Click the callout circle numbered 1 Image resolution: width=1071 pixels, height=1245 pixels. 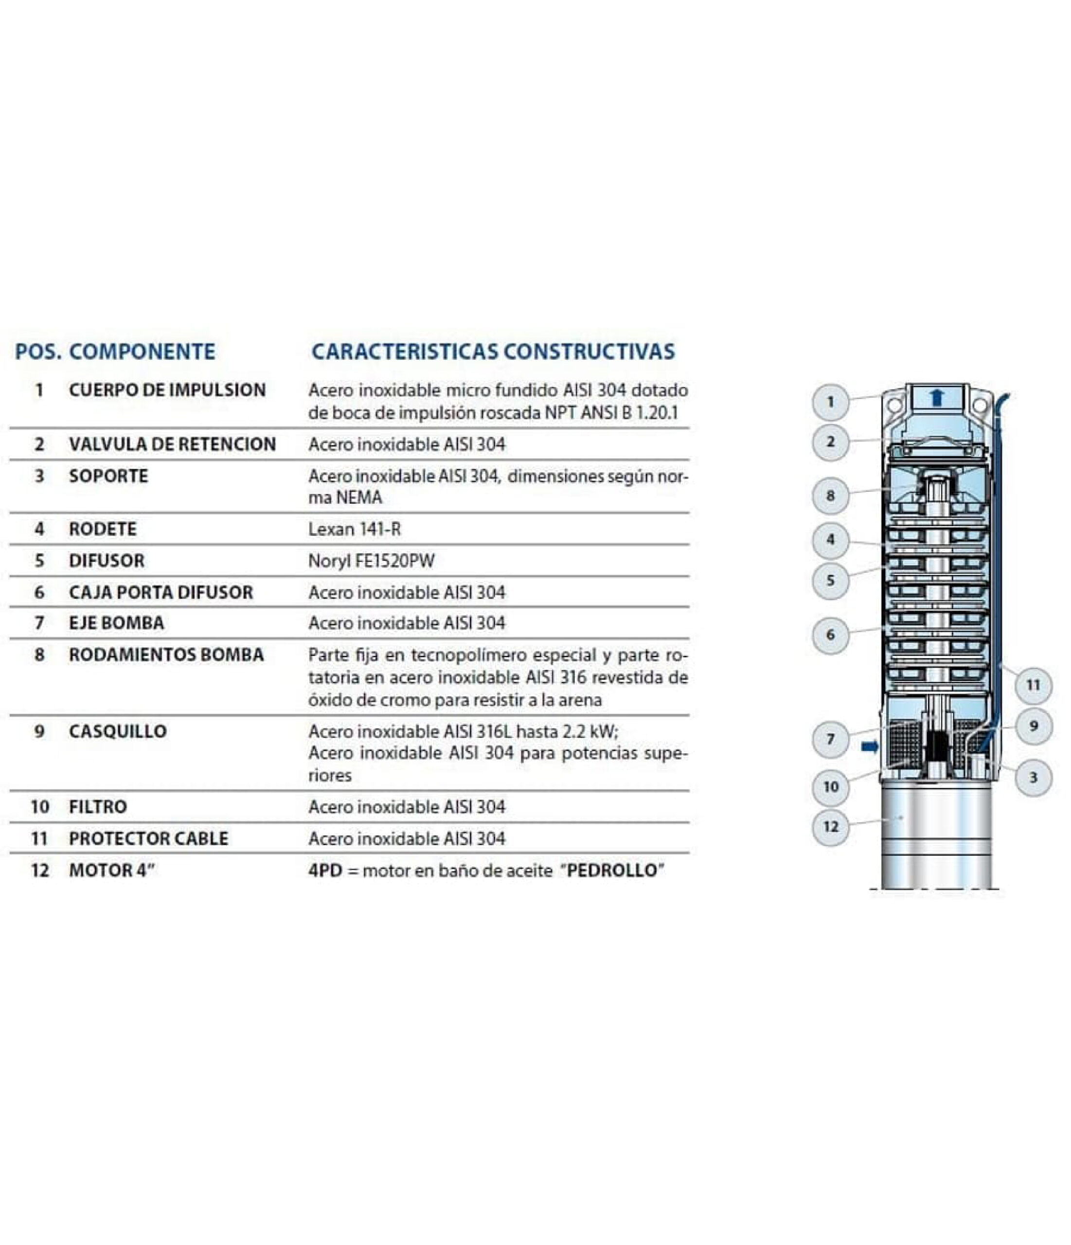(x=830, y=401)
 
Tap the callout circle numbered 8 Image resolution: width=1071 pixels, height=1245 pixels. (x=830, y=496)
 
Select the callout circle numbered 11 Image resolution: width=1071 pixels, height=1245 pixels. (x=1033, y=685)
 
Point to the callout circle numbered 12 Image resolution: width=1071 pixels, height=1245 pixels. (x=830, y=827)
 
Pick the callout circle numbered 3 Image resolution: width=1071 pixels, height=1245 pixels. (x=1033, y=778)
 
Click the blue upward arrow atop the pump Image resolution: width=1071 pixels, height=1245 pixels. (x=936, y=397)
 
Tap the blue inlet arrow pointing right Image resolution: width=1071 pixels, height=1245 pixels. (x=870, y=747)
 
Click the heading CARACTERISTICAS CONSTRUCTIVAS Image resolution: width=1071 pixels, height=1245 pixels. (x=493, y=352)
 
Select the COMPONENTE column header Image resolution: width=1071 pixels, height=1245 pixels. (x=142, y=352)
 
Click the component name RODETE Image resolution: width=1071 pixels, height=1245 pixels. (x=103, y=529)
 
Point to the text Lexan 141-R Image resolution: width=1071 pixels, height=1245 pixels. (x=354, y=529)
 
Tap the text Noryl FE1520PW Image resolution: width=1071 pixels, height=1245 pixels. (x=371, y=561)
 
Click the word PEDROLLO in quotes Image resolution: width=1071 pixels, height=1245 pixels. (x=612, y=871)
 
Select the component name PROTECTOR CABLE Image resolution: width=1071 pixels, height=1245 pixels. (x=148, y=839)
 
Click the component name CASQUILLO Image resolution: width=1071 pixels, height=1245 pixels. (x=118, y=732)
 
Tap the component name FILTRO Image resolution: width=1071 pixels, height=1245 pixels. (x=98, y=807)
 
